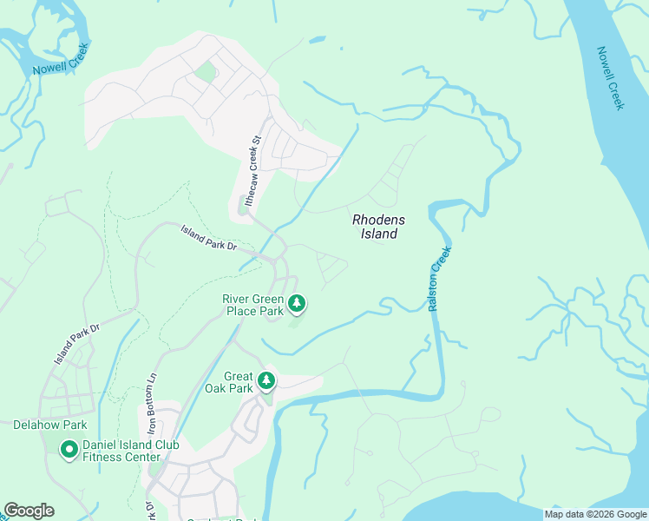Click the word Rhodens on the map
coord(379,221)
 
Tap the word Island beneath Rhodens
coord(379,234)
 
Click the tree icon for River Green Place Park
coord(298,303)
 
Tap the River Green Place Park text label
coord(253,305)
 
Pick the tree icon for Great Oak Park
coord(267,380)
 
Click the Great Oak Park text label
coord(227,382)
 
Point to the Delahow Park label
coord(50,425)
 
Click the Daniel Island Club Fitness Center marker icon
coord(68,450)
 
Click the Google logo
coord(29,511)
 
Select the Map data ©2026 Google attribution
coord(595,515)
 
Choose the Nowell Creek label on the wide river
coord(610,78)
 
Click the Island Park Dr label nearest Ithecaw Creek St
coord(208,237)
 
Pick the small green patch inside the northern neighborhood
coord(206,71)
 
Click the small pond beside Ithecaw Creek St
coord(242,207)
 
